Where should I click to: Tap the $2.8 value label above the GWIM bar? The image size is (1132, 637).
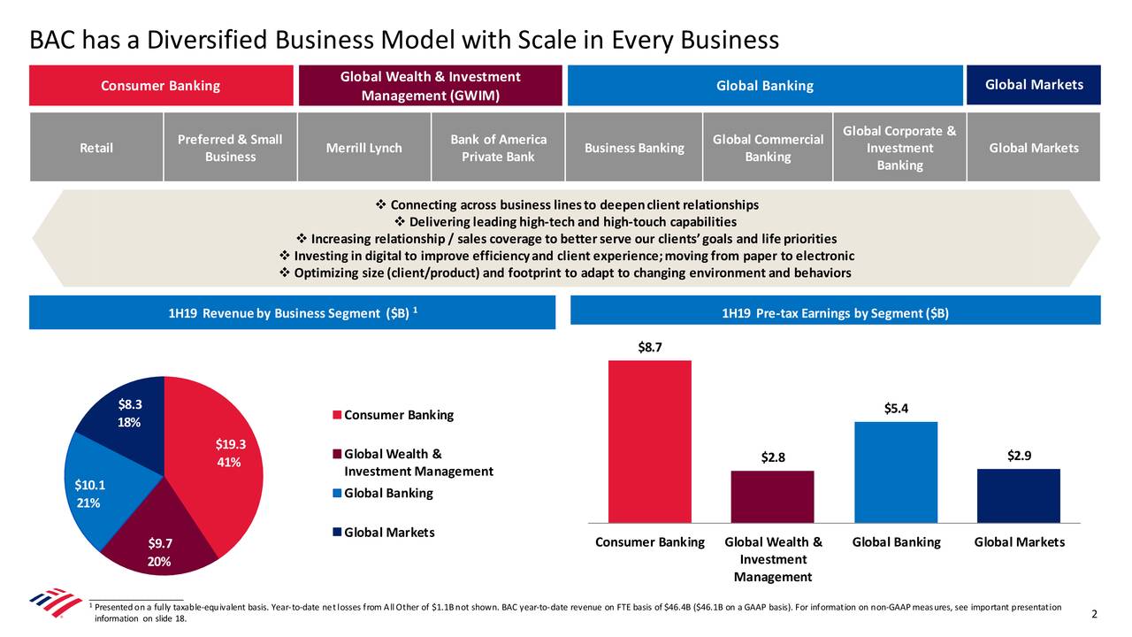[772, 457]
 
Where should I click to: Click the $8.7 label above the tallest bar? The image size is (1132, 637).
[650, 348]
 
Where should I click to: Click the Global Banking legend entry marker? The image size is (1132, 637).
[337, 494]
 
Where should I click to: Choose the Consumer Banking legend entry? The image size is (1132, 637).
[393, 416]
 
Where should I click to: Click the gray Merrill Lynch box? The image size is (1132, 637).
[363, 148]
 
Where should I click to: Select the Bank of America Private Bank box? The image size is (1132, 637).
[498, 148]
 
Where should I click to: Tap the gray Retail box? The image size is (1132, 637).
[96, 148]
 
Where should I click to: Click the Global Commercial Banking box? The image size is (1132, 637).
[768, 148]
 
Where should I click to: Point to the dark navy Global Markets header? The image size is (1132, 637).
[1033, 85]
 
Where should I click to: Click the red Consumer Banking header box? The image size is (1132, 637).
[161, 86]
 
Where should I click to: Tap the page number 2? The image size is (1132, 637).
[1094, 615]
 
